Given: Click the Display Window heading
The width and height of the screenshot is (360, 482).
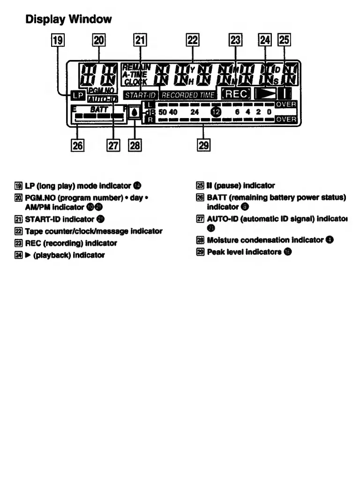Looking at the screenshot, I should coord(68,19).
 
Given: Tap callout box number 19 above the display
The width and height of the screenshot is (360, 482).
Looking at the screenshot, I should coord(58,41).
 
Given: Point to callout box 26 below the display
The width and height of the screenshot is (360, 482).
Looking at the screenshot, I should coord(77,146).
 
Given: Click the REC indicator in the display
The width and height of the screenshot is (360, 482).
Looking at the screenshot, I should coord(236,94).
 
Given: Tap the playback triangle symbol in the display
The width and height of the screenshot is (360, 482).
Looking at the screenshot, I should coord(266,94).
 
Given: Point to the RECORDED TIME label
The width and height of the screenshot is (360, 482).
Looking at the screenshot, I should coord(188,95).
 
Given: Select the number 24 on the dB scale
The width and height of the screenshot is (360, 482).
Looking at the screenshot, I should coord(195,112).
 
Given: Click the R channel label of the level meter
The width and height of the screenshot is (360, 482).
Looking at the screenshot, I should coord(147,120).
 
